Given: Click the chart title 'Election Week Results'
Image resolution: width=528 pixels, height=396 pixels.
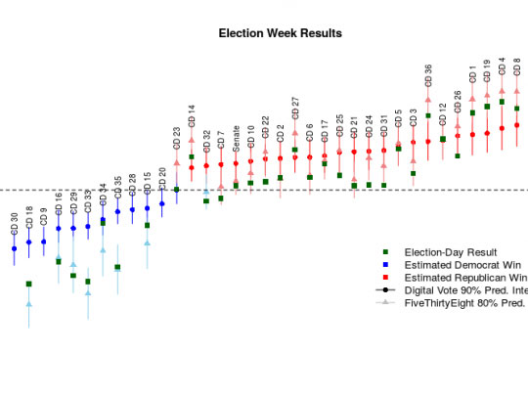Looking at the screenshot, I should pyautogui.click(x=280, y=33).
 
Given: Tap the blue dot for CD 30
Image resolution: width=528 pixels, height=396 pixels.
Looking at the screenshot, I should pyautogui.click(x=14, y=248).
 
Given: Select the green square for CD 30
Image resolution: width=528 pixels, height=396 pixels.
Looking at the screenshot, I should pyautogui.click(x=28, y=284).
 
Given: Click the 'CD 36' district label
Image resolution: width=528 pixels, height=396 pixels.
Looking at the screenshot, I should pyautogui.click(x=428, y=75).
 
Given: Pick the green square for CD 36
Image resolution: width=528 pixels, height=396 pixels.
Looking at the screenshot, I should pyautogui.click(x=427, y=116).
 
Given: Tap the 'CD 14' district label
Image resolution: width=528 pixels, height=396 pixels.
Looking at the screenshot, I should pyautogui.click(x=192, y=116).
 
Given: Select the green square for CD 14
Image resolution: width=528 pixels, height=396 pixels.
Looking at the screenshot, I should pyautogui.click(x=192, y=156).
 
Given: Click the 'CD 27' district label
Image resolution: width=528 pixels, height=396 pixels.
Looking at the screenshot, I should pyautogui.click(x=295, y=108).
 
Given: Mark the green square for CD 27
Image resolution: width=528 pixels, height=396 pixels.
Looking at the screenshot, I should pyautogui.click(x=295, y=150).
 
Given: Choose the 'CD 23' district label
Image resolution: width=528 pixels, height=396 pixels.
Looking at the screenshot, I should pyautogui.click(x=177, y=138).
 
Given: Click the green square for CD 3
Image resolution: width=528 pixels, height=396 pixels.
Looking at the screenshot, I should pyautogui.click(x=413, y=174).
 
